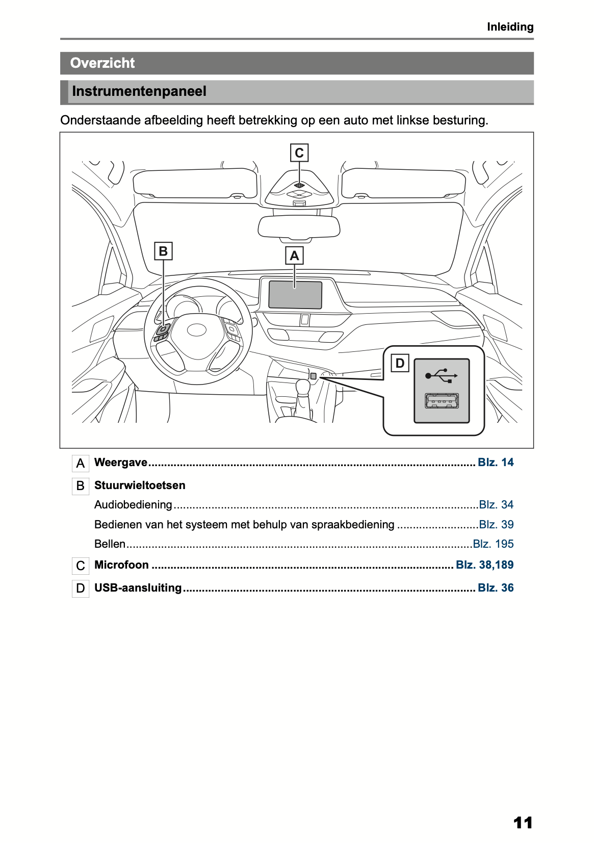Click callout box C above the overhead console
pyautogui.click(x=299, y=153)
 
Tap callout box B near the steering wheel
pyautogui.click(x=163, y=251)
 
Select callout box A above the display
pyautogui.click(x=294, y=256)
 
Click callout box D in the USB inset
pyautogui.click(x=400, y=363)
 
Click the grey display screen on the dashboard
pyautogui.click(x=295, y=295)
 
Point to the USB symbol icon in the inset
pyautogui.click(x=441, y=376)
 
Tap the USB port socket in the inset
pyautogui.click(x=442, y=401)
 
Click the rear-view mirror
pyautogui.click(x=299, y=226)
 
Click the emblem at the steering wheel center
pyautogui.click(x=196, y=330)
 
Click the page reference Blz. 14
pyautogui.click(x=496, y=463)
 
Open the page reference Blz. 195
pyautogui.click(x=493, y=544)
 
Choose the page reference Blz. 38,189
pyautogui.click(x=484, y=565)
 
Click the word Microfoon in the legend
pyautogui.click(x=121, y=565)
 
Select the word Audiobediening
pyautogui.click(x=133, y=505)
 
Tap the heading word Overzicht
pyautogui.click(x=102, y=63)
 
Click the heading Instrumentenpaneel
pyautogui.click(x=139, y=92)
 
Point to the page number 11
pyautogui.click(x=523, y=823)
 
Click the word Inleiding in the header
pyautogui.click(x=510, y=27)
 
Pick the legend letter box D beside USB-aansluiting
pyautogui.click(x=81, y=589)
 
